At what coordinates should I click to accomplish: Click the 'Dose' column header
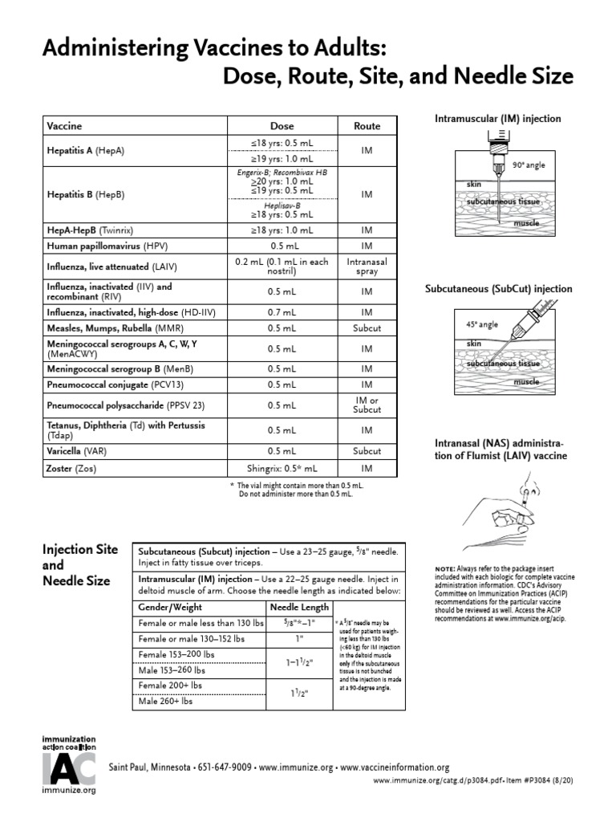[x=282, y=126]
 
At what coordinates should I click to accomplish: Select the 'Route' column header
[x=367, y=126]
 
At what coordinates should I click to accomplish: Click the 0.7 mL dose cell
[x=282, y=311]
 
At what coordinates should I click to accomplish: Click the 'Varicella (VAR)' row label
[x=77, y=450]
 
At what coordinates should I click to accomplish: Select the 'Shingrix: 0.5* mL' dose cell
[x=282, y=467]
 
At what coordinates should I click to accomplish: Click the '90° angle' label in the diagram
[x=529, y=165]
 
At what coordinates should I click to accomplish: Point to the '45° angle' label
[x=482, y=325]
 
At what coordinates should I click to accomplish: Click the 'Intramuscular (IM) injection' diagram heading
[x=497, y=119]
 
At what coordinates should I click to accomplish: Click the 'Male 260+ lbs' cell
[x=166, y=701]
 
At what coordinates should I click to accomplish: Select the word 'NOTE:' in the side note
[x=445, y=568]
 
